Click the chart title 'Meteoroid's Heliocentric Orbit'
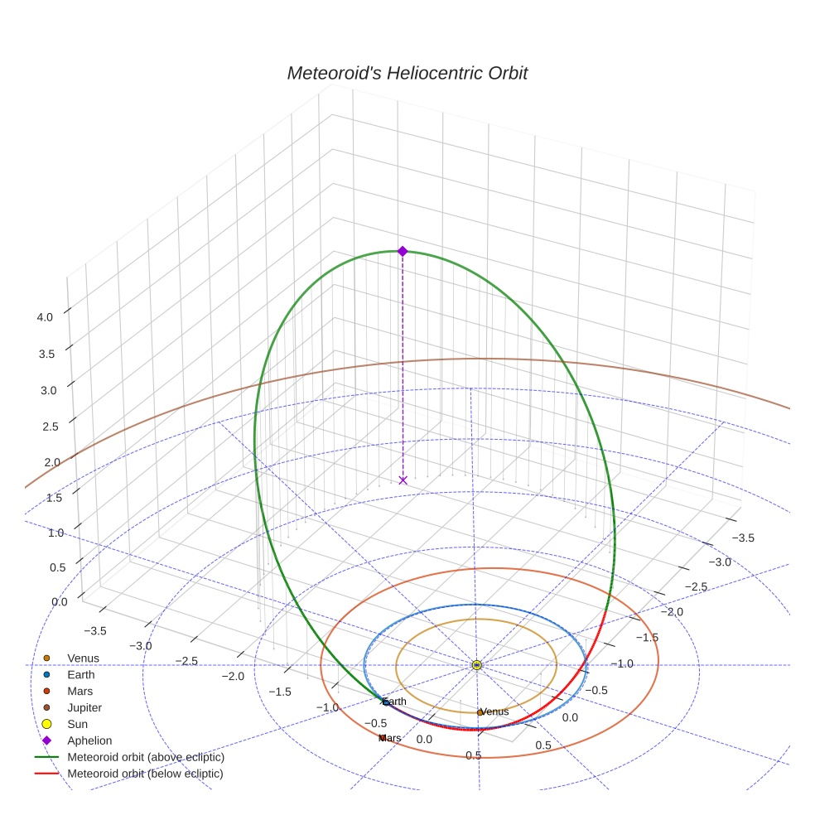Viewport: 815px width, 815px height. point(407,73)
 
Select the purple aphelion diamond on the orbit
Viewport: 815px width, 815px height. point(403,251)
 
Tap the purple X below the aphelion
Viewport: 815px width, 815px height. point(403,480)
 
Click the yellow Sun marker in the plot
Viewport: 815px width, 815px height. point(476,665)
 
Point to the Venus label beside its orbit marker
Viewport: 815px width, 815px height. point(494,711)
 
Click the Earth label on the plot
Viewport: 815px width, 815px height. point(394,702)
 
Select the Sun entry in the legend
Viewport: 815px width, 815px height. point(79,724)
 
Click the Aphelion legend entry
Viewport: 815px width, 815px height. point(89,740)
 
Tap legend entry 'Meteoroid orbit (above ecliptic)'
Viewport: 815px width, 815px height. point(146,757)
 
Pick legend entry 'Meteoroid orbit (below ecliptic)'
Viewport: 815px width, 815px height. point(146,774)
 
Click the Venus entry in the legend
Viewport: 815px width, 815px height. point(83,658)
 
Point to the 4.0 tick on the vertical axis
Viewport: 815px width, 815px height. point(45,316)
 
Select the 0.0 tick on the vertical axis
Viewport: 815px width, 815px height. point(59,601)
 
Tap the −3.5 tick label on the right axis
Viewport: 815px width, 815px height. point(743,538)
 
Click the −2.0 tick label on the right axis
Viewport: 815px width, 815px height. point(674,611)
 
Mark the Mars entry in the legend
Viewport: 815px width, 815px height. point(80,691)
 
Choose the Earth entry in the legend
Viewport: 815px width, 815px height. point(81,675)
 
